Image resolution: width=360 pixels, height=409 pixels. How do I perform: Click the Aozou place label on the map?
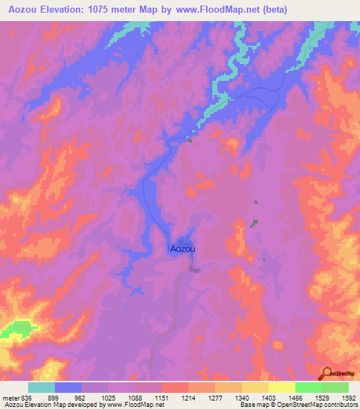click(182, 248)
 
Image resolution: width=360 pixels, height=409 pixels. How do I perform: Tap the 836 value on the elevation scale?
click(27, 397)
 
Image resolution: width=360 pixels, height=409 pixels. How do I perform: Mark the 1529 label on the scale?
click(322, 397)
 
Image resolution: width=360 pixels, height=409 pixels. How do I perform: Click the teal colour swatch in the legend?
click(41, 387)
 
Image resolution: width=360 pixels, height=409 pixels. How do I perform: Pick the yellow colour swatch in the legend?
click(282, 387)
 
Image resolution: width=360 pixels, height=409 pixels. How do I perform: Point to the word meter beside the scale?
click(10, 397)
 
